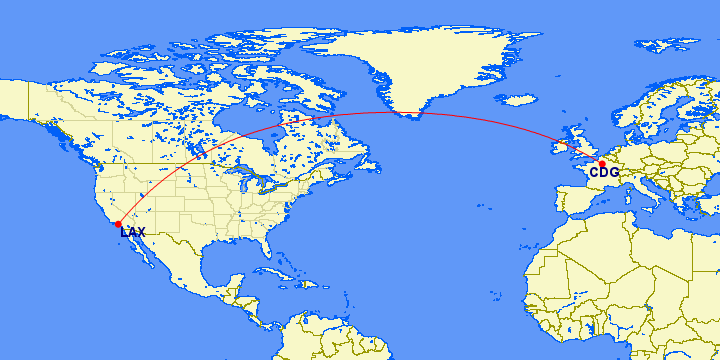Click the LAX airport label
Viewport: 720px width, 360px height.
(x=132, y=233)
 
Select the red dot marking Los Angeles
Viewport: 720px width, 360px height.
(x=118, y=224)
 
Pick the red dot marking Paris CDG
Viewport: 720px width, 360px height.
(x=601, y=163)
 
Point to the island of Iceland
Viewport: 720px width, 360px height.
(x=520, y=101)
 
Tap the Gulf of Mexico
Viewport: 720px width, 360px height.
(x=225, y=260)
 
